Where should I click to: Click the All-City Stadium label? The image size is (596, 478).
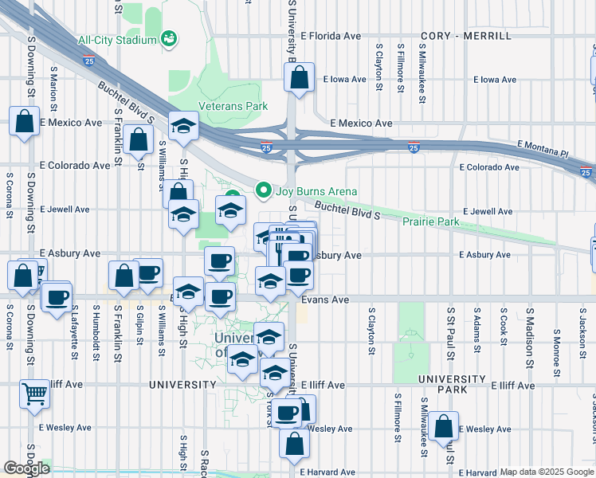point(117,40)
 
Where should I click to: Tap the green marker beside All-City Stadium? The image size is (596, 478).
point(168,38)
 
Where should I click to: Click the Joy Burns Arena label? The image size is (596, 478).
point(316,191)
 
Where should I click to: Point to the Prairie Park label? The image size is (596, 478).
point(430,221)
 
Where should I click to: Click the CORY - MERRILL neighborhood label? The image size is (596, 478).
point(465,37)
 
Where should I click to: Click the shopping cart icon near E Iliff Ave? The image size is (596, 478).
point(34,393)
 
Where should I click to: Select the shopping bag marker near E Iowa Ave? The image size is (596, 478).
point(299,78)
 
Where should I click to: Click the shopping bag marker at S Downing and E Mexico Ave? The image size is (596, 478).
point(24,123)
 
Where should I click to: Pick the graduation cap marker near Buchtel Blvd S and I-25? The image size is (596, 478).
point(183,126)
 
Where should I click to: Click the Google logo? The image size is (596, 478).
point(27,468)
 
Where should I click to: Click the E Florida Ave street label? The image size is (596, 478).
point(331,36)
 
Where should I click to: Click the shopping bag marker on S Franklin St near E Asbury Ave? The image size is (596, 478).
point(124,276)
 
